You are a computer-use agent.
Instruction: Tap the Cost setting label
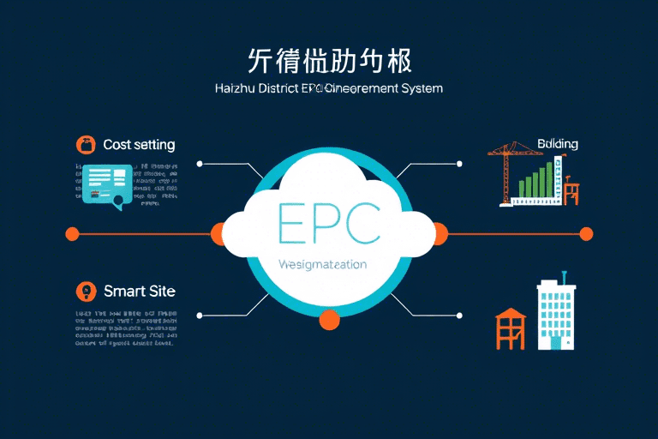click(139, 145)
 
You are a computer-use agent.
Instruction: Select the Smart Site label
click(139, 292)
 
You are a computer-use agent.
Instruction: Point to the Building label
click(557, 144)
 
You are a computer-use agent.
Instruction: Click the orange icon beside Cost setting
click(85, 145)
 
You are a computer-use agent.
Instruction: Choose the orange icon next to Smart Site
click(85, 292)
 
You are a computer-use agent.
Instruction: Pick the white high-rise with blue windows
click(556, 316)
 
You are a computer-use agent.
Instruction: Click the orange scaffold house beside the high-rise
click(510, 329)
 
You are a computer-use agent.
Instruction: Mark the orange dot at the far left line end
click(72, 233)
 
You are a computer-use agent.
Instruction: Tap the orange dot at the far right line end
click(586, 233)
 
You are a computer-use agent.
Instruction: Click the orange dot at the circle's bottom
click(329, 321)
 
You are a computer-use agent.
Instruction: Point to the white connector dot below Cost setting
click(200, 163)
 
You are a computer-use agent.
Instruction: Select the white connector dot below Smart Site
click(200, 316)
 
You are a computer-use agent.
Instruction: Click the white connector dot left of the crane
click(460, 163)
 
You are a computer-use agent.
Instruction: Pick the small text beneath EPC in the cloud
click(323, 265)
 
